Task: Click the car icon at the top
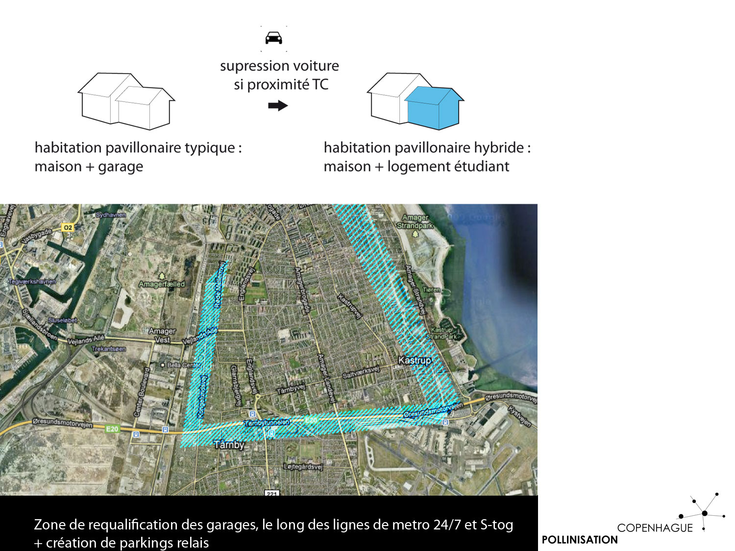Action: pos(273,38)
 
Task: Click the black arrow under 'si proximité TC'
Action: pos(278,105)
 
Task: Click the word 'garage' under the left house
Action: pos(121,167)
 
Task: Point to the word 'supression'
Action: pos(255,66)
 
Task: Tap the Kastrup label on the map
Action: pos(415,360)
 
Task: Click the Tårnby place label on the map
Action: pos(229,445)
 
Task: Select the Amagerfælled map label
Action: pos(162,284)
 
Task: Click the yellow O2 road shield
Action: pos(68,227)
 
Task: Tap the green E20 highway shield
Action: pos(112,429)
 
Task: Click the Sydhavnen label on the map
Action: pos(111,215)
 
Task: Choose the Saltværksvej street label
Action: pos(361,372)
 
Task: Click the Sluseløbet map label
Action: pos(62,320)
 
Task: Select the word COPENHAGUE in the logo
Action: pos(655,528)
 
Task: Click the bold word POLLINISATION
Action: pos(580,540)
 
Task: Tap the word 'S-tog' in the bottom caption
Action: pos(496,525)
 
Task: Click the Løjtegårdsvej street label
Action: pos(303,466)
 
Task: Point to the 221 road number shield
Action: pos(271,493)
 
